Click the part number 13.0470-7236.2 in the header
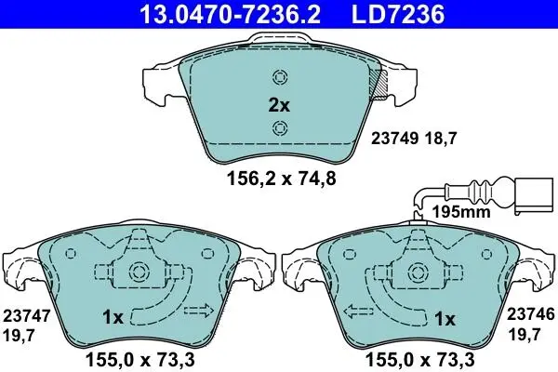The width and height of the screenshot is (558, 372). pyautogui.click(x=231, y=14)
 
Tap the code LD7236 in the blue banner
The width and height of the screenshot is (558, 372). pyautogui.click(x=398, y=14)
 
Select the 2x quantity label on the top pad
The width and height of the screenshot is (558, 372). pyautogui.click(x=279, y=105)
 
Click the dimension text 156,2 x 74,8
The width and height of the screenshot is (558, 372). pyautogui.click(x=282, y=179)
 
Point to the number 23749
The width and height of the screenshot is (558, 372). pyautogui.click(x=395, y=139)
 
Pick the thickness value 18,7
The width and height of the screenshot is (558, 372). pyautogui.click(x=440, y=139)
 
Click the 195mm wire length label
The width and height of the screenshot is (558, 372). pyautogui.click(x=461, y=212)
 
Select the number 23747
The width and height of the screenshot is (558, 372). pyautogui.click(x=27, y=316)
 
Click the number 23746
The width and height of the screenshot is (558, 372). pyautogui.click(x=531, y=314)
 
